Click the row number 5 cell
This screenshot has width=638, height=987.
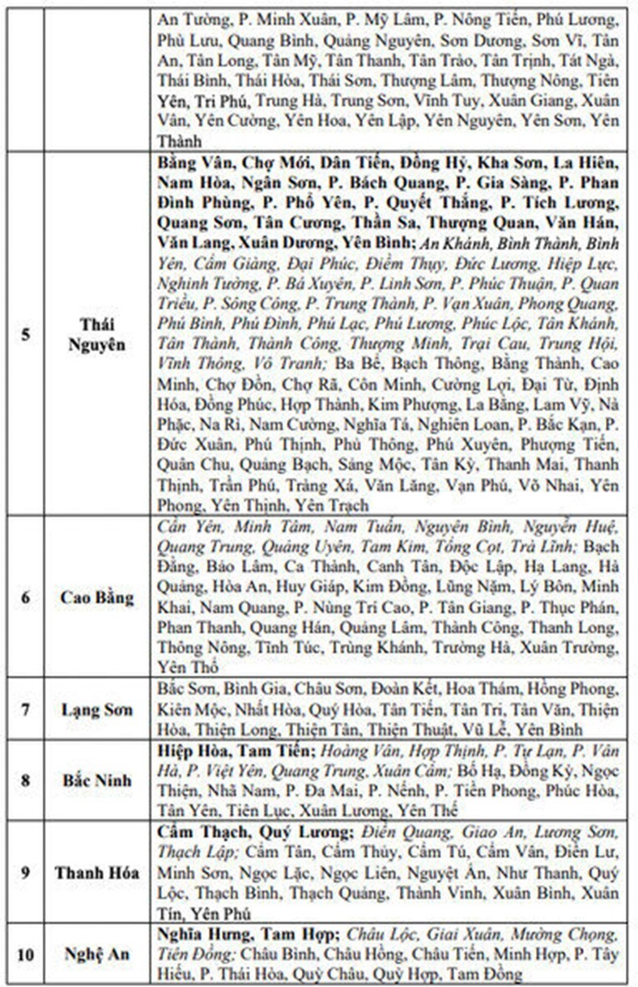pyautogui.click(x=26, y=333)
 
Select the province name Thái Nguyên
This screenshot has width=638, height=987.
pyautogui.click(x=97, y=333)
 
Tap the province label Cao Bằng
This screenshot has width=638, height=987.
pyautogui.click(x=97, y=598)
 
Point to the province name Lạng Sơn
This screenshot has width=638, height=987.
pyautogui.click(x=97, y=710)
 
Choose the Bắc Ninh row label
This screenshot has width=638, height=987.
pyautogui.click(x=97, y=781)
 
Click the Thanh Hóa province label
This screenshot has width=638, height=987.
pyautogui.click(x=97, y=873)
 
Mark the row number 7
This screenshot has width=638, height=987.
pyautogui.click(x=26, y=710)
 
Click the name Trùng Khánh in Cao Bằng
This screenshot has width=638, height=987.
pyautogui.click(x=390, y=648)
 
